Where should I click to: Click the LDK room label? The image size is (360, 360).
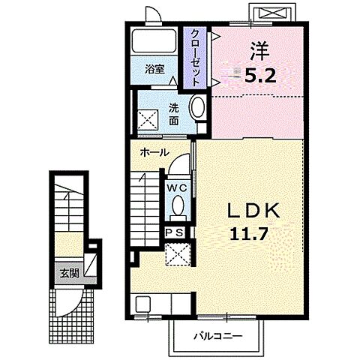pyautogui.click(x=253, y=211)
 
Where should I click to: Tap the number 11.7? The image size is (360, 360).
pyautogui.click(x=249, y=234)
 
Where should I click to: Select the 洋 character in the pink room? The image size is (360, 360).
pyautogui.click(x=260, y=51)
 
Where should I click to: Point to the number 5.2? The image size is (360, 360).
pyautogui.click(x=260, y=76)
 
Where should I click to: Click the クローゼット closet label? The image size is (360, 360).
pyautogui.click(x=195, y=58)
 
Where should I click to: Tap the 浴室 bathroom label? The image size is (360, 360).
pyautogui.click(x=155, y=69)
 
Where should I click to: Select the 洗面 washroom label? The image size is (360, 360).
pyautogui.click(x=173, y=115)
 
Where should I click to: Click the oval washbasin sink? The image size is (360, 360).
pyautogui.click(x=198, y=107)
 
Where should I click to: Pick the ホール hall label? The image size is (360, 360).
pyautogui.click(x=154, y=152)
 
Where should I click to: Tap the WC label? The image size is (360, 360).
pyautogui.click(x=177, y=188)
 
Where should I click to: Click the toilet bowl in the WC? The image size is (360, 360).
pyautogui.click(x=178, y=205)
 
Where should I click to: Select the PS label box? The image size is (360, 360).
pyautogui.click(x=175, y=233)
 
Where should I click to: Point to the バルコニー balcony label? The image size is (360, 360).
pyautogui.click(x=218, y=336)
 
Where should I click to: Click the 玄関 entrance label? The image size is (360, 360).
pyautogui.click(x=70, y=274)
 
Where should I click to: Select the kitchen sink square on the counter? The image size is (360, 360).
pyautogui.click(x=143, y=304)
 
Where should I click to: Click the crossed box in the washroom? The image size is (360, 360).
pyautogui.click(x=148, y=120)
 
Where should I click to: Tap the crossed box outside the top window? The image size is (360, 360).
pyautogui.click(x=271, y=13)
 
